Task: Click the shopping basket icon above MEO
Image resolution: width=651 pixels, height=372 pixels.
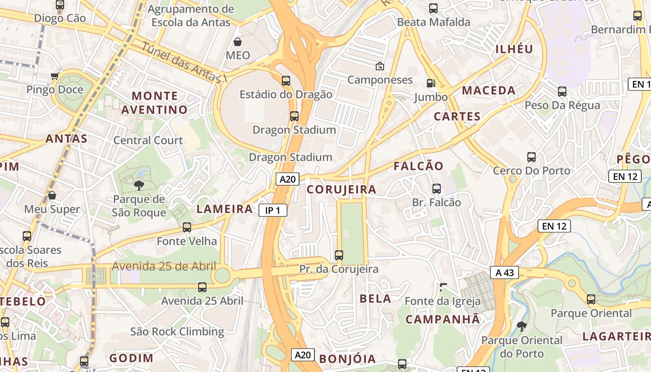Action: [238, 42]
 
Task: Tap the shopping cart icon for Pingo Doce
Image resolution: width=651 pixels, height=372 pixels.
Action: [55, 76]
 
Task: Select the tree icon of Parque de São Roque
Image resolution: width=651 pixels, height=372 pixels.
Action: [139, 186]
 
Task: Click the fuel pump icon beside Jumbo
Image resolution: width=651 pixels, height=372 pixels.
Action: [431, 83]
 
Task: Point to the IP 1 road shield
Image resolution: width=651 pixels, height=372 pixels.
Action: [272, 210]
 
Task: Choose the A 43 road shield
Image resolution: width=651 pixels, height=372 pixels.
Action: [505, 272]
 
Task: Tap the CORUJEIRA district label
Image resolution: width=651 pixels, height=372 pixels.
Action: [341, 189]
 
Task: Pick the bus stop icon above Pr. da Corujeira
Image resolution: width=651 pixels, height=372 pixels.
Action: [339, 255]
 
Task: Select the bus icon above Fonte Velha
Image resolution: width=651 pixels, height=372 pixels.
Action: [187, 227]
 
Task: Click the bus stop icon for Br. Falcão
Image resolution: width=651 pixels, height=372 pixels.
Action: [437, 188]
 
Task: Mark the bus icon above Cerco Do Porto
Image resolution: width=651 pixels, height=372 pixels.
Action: [531, 157]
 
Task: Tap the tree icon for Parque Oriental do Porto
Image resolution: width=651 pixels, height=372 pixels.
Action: [522, 326]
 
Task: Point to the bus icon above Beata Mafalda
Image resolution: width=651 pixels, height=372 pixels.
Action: [433, 8]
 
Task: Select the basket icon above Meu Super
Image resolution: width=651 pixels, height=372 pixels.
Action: [52, 195]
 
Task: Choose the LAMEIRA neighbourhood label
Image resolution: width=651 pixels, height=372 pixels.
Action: [225, 209]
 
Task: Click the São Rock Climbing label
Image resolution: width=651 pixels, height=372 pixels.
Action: [177, 332]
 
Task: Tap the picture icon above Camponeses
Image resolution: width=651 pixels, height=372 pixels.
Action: [380, 66]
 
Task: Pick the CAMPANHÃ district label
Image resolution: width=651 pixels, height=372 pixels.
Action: [442, 319]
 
